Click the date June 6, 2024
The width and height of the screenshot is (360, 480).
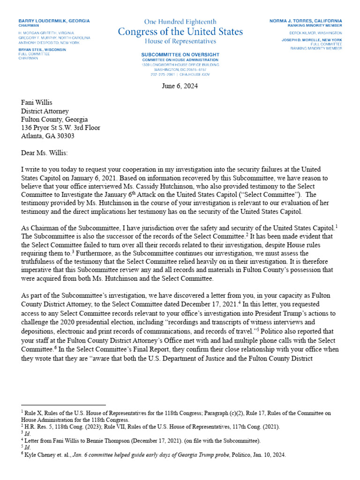tap(180, 86)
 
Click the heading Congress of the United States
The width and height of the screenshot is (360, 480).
tap(180, 32)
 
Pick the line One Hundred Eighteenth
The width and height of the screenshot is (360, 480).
tap(180, 22)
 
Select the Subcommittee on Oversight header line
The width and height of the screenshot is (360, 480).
tap(180, 55)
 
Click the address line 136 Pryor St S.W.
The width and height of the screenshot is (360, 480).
tap(60, 127)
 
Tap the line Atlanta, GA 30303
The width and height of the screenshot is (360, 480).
tap(47, 136)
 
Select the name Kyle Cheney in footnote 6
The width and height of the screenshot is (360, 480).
tap(38, 455)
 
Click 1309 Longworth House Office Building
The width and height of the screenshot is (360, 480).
tap(180, 65)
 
